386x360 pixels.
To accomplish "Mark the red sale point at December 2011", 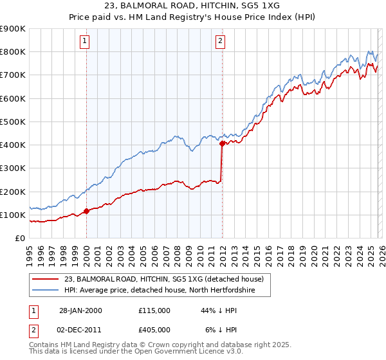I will coord(221,144).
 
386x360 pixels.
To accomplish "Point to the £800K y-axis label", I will coord(13,52).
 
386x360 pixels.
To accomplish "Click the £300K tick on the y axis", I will coord(13,168).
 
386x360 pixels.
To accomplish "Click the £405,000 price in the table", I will coord(154,330).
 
